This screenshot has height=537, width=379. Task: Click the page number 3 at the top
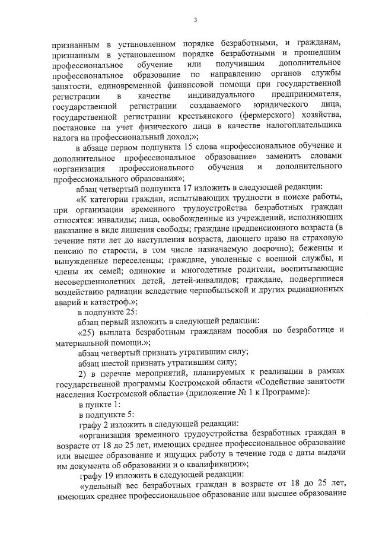(x=195, y=21)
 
